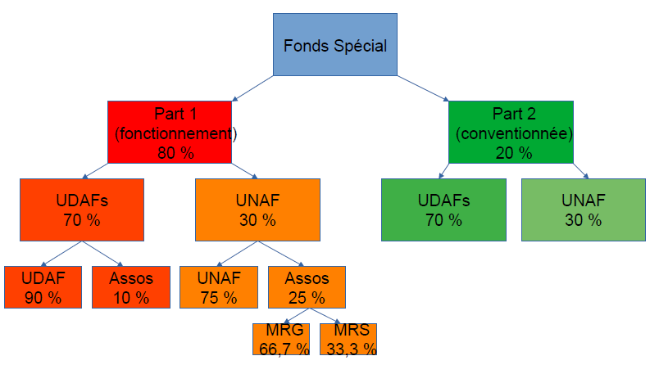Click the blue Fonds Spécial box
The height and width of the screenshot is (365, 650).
pyautogui.click(x=335, y=44)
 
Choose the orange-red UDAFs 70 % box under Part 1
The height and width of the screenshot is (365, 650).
pyautogui.click(x=82, y=209)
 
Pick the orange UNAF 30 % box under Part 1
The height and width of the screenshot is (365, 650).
pyautogui.click(x=257, y=209)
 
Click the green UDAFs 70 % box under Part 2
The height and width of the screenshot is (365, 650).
pyautogui.click(x=443, y=209)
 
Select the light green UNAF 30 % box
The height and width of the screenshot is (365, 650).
pyautogui.click(x=584, y=209)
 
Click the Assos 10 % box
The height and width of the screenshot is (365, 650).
pyautogui.click(x=130, y=286)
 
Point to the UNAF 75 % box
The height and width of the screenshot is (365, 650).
pyautogui.click(x=218, y=286)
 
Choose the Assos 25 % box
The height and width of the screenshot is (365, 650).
pyautogui.click(x=306, y=286)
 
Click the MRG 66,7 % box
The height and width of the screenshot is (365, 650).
pyautogui.click(x=280, y=340)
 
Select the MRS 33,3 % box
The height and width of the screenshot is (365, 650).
pyautogui.click(x=347, y=340)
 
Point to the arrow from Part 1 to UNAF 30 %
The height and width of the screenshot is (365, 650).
pyautogui.click(x=243, y=169)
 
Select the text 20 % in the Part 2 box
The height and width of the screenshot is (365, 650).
pyautogui.click(x=513, y=152)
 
